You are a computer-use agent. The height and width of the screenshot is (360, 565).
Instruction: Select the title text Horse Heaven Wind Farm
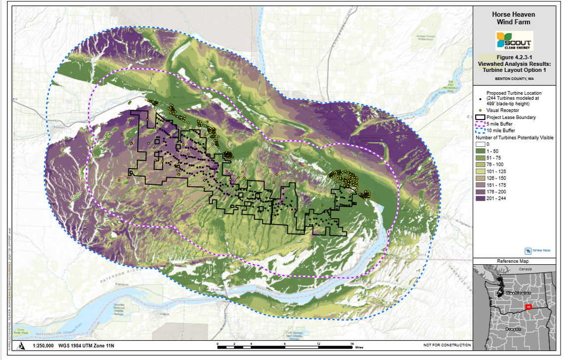tap(513, 18)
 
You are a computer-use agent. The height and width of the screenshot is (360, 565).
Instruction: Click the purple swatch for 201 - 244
tap(480, 198)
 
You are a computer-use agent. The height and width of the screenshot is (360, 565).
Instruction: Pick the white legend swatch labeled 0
tap(480, 144)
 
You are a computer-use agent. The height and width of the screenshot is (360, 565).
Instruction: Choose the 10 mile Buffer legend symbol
tap(480, 130)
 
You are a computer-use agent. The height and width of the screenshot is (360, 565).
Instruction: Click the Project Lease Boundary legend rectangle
tap(480, 118)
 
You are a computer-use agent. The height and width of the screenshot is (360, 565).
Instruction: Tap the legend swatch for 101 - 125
tap(480, 171)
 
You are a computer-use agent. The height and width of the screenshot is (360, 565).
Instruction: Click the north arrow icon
tap(21, 346)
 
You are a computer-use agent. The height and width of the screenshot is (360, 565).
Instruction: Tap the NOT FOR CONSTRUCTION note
tap(447, 346)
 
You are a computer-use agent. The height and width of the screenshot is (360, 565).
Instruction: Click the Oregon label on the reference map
tap(513, 329)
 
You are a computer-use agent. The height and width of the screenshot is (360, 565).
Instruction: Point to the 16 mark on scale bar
tap(351, 343)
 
